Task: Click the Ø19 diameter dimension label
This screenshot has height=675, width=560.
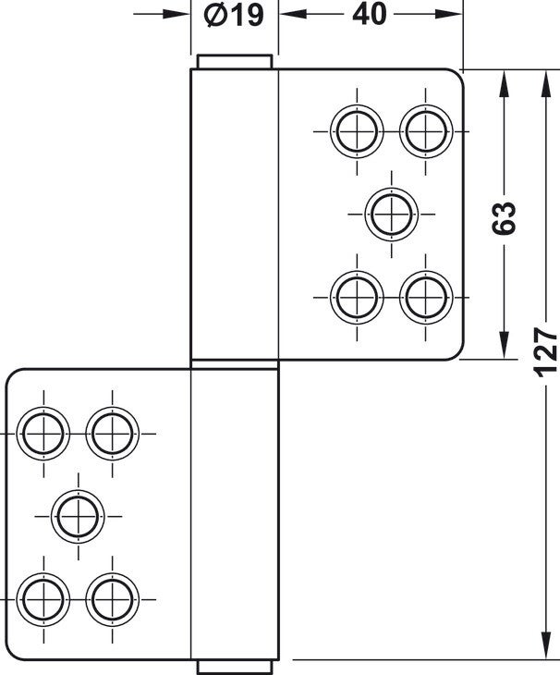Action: tap(234, 16)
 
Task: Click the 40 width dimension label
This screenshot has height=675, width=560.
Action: tap(369, 15)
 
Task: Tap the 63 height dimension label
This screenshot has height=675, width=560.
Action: tap(504, 218)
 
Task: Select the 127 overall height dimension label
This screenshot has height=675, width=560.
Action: tap(546, 352)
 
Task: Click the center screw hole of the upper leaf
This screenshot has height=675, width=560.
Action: tap(392, 214)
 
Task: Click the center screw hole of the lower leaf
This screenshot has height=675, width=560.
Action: tap(78, 516)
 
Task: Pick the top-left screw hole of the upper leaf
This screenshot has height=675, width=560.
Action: tap(357, 131)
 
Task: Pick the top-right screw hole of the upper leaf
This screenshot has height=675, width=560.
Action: tap(426, 131)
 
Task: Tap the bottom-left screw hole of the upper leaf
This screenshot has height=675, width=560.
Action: tap(357, 298)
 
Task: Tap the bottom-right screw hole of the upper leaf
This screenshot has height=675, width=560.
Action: tap(426, 298)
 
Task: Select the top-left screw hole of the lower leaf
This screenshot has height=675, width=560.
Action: tap(43, 434)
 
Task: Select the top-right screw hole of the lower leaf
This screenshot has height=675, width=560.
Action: tap(112, 434)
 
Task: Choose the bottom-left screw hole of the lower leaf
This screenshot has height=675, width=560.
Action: tap(43, 599)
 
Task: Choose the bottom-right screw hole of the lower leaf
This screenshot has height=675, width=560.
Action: tap(112, 599)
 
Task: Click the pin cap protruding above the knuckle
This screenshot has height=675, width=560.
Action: tap(235, 62)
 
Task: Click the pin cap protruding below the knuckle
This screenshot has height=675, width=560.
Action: tap(235, 667)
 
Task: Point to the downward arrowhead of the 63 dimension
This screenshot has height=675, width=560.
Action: tap(504, 344)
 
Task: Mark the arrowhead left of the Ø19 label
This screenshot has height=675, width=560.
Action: tap(177, 14)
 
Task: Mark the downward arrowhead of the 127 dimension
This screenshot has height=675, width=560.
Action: tap(546, 645)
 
